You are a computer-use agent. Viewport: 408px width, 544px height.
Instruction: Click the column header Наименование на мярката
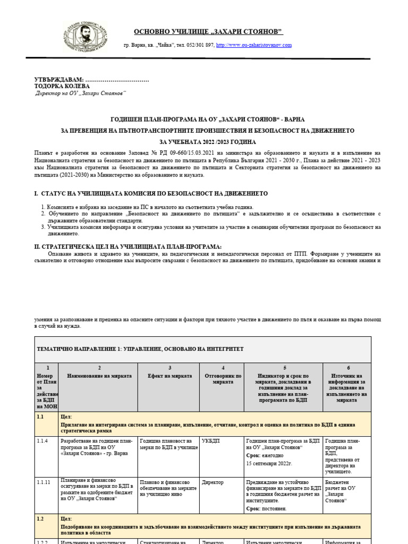click(x=99, y=376)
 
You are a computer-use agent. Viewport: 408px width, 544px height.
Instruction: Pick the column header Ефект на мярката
click(x=169, y=376)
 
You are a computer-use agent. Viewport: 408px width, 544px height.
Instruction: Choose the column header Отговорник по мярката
click(x=223, y=379)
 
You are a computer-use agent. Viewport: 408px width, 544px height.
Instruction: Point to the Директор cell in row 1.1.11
click(x=212, y=482)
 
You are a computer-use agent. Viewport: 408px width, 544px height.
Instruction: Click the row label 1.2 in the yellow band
click(x=40, y=518)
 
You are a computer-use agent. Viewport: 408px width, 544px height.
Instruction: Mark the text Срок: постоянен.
click(x=267, y=508)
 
